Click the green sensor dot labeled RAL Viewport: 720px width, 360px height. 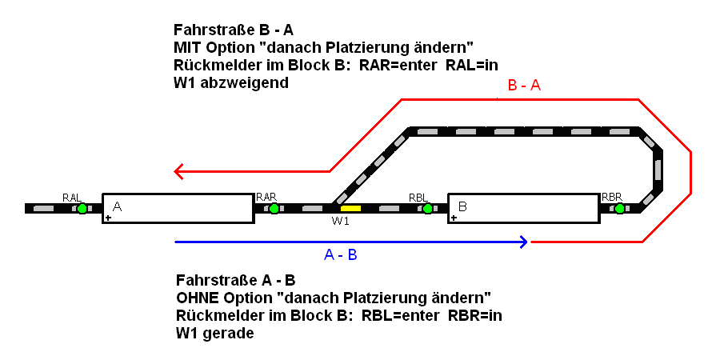click(x=82, y=208)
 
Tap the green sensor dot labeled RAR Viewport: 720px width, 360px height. click(x=274, y=208)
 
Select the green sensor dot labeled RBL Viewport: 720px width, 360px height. click(x=427, y=208)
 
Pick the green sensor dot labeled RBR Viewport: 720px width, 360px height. click(x=619, y=208)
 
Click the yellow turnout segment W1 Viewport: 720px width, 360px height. click(x=350, y=208)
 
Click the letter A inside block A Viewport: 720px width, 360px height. click(x=117, y=206)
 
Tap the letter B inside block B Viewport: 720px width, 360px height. click(x=462, y=206)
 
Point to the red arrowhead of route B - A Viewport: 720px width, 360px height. click(x=178, y=170)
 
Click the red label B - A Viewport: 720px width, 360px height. click(x=524, y=86)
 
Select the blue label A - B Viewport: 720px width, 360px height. click(x=340, y=255)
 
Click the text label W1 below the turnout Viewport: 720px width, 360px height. click(x=341, y=222)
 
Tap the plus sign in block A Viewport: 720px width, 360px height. click(x=109, y=217)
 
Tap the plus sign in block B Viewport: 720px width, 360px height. click(x=454, y=217)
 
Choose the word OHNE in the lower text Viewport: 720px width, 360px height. click(x=194, y=298)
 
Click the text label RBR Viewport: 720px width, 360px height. click(x=612, y=196)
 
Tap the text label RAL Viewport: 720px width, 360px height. click(x=72, y=196)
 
